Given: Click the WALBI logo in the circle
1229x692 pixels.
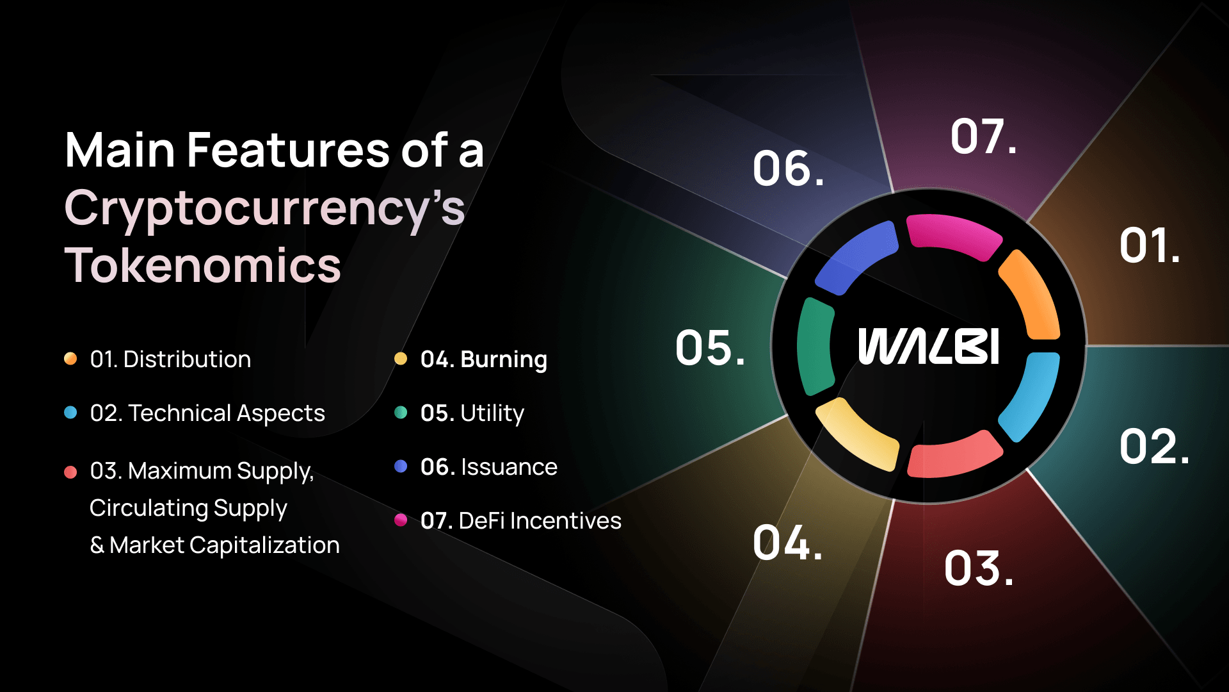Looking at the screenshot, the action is (928, 346).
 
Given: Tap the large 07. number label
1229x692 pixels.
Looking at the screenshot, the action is (983, 136).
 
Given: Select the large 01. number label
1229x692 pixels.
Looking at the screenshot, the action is (1150, 245).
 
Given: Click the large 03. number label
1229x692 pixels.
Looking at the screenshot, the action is (979, 568).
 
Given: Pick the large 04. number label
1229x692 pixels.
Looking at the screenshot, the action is (787, 542).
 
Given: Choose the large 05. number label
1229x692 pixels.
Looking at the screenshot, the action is (710, 348).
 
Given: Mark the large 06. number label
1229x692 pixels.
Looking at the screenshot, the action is (788, 169).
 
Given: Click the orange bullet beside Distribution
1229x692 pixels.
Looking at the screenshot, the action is (70, 359).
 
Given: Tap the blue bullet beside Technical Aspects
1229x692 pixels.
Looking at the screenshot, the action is (70, 413).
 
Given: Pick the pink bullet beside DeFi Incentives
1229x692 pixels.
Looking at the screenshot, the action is (401, 520).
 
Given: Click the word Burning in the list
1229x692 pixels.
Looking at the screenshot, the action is (504, 359).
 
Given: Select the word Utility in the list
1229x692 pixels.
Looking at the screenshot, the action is (492, 413).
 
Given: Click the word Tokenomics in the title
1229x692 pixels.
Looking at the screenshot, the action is (203, 265).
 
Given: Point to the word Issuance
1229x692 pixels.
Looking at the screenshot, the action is (509, 467).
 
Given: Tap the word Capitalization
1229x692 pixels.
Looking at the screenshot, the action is (264, 545).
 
